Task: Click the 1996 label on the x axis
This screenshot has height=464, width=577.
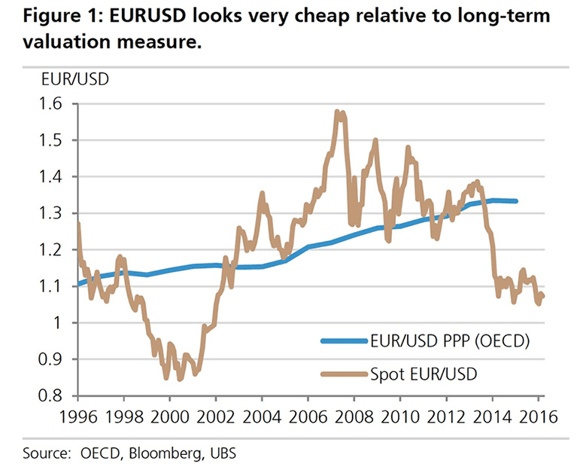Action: point(78,415)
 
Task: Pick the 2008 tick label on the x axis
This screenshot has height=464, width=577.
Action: point(353,415)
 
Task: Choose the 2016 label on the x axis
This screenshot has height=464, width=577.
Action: point(536,415)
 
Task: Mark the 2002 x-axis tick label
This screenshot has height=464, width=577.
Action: point(216,415)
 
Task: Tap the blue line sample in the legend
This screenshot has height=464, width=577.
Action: point(343,341)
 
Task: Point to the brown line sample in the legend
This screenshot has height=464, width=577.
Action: point(343,371)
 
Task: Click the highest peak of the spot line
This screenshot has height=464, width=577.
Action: point(337,112)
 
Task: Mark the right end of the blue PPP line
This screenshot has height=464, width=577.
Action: point(515,201)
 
